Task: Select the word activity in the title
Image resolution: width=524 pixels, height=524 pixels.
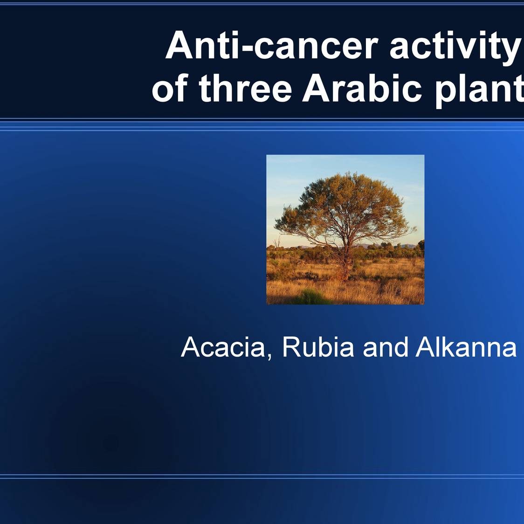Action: coord(454,46)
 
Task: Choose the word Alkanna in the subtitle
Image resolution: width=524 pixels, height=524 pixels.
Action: coord(466,347)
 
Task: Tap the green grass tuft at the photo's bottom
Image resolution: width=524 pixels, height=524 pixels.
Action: coord(308,296)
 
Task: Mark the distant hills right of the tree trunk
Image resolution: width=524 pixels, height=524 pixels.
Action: coord(401,246)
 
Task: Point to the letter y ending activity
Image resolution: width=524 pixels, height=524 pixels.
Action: coord(512,49)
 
